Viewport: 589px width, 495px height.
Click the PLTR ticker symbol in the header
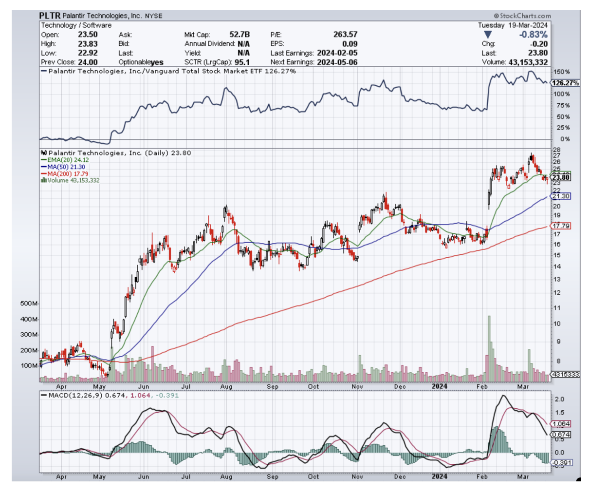coord(50,16)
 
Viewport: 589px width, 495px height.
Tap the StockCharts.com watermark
coord(522,16)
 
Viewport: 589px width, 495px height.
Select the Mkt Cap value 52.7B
coord(239,35)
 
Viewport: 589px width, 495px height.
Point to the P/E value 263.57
coord(345,35)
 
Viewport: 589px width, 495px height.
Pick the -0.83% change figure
coord(533,35)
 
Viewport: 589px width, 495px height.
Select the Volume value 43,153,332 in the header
coord(528,62)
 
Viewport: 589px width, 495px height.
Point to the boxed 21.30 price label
coord(561,196)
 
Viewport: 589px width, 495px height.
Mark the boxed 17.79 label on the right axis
coord(561,226)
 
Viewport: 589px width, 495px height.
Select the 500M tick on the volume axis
coord(29,304)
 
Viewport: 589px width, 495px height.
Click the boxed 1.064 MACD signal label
coord(561,424)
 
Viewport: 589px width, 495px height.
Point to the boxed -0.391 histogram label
coord(561,462)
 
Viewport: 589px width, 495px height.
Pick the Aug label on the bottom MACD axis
coord(226,476)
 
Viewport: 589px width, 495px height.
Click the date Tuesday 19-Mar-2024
coord(513,25)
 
